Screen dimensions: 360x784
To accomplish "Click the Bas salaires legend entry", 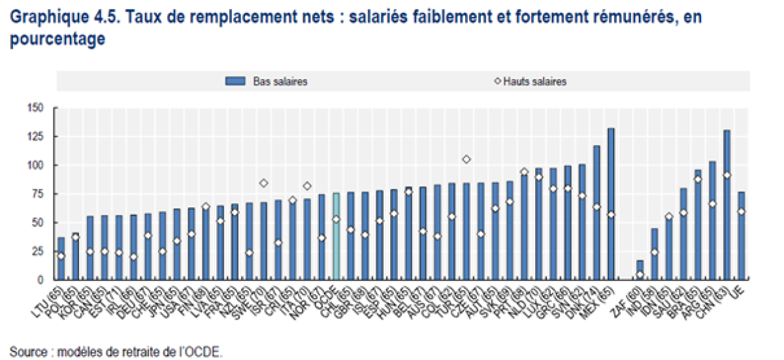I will point(267,82).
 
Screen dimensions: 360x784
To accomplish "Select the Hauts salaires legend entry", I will point(530,82).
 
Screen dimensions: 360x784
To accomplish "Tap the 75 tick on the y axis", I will point(37,193).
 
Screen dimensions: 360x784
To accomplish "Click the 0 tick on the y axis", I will point(40,280).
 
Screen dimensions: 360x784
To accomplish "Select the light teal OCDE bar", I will point(336,236).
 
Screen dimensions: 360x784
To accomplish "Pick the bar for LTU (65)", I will point(61,258).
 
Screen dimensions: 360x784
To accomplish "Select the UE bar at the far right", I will point(741,235).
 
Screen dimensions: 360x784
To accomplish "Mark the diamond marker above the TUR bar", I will point(466,159).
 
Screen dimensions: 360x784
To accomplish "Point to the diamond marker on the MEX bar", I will point(612,214).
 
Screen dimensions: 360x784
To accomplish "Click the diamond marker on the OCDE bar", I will point(336,220).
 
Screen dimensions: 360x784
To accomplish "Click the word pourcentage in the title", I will point(57,39).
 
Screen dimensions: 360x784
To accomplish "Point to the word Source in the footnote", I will point(26,352).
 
